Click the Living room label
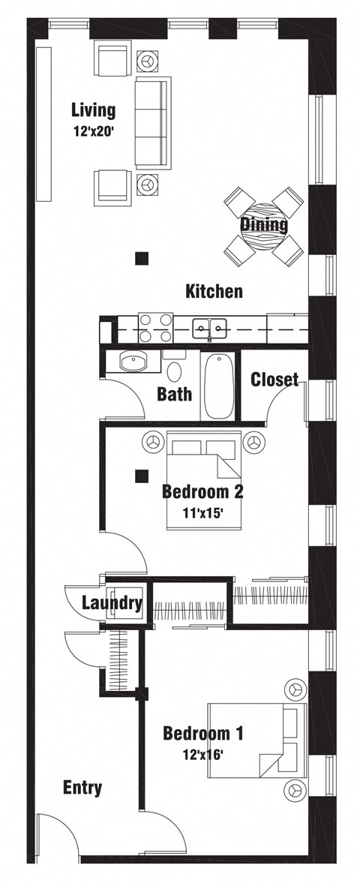[93, 111]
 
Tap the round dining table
[264, 224]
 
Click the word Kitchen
[214, 291]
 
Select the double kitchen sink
[209, 326]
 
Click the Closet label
[274, 380]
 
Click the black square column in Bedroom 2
[140, 475]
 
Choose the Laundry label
[112, 602]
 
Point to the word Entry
[82, 788]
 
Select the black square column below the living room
[141, 259]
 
